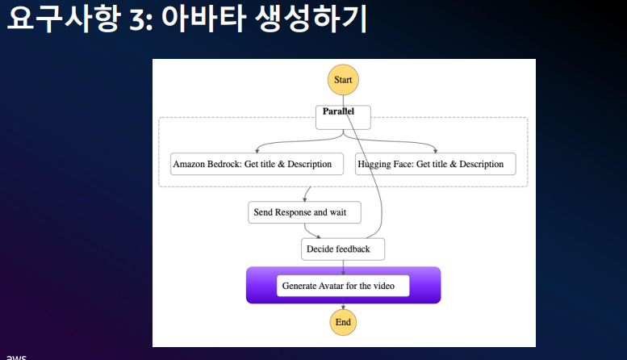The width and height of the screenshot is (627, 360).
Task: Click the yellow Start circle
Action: tap(343, 80)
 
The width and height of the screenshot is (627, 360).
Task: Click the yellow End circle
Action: tap(343, 322)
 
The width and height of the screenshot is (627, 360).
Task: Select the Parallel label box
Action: tap(343, 116)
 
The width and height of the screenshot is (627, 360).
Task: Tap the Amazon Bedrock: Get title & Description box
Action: tap(252, 164)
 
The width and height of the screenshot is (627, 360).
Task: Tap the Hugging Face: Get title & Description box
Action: tap(435, 164)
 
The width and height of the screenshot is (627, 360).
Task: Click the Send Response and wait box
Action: tap(303, 212)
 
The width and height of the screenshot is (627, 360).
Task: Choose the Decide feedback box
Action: tap(343, 249)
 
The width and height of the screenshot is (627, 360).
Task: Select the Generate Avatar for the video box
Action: tap(343, 286)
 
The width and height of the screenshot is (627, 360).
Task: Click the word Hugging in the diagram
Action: tap(375, 164)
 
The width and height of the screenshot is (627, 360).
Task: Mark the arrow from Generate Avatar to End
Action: tap(343, 305)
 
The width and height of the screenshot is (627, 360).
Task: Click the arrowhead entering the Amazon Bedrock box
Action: tap(255, 150)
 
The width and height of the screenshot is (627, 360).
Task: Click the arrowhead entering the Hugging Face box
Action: tap(436, 150)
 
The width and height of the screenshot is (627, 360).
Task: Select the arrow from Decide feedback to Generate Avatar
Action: tap(343, 267)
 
